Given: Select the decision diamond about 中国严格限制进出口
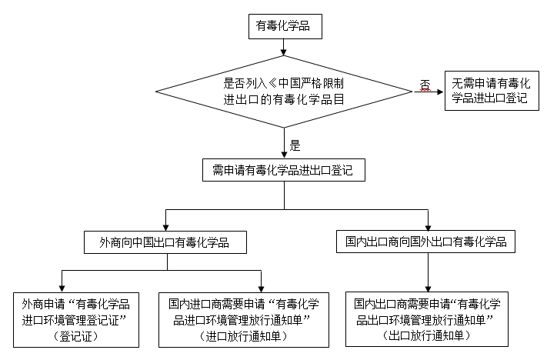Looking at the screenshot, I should point(284,92).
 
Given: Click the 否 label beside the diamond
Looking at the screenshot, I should point(425,83).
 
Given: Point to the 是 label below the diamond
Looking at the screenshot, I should point(294,144).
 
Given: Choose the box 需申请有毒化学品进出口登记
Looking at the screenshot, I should point(284,170).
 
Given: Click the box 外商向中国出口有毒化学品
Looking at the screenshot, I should point(168,243).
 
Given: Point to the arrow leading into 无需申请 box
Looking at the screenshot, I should point(431,92).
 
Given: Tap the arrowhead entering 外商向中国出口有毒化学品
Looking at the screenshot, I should point(168,227).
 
